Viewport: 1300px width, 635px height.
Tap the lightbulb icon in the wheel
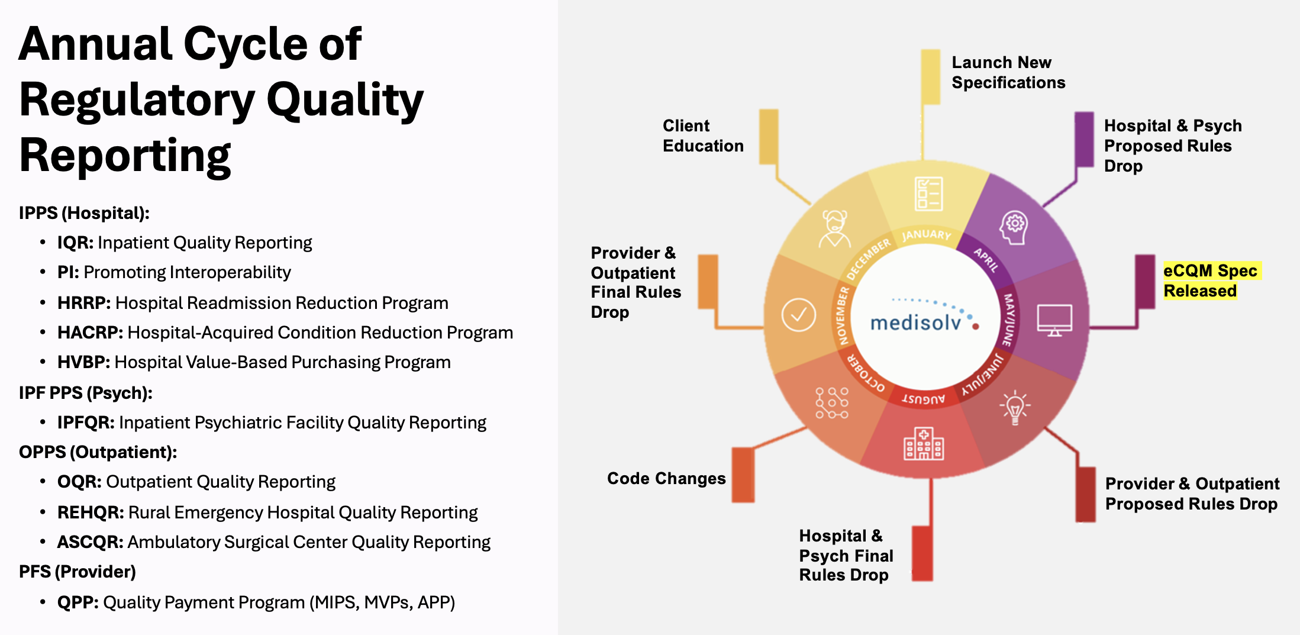tap(1015, 407)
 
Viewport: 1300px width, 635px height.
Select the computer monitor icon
tap(1054, 320)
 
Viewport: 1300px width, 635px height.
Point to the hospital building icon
tap(923, 444)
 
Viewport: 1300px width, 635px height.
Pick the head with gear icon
tap(1014, 227)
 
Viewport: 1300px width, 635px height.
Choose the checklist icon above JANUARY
tap(928, 194)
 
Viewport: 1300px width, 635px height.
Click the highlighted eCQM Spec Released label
tap(1210, 281)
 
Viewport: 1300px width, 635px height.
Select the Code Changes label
tap(666, 478)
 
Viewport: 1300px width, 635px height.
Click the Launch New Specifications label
tap(1008, 72)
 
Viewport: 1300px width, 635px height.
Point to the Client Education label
tap(702, 136)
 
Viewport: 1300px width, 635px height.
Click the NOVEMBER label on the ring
tap(842, 315)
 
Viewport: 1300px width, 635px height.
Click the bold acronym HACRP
tap(89, 333)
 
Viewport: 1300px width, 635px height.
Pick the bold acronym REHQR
tap(90, 512)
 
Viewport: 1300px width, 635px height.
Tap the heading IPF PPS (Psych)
tap(86, 393)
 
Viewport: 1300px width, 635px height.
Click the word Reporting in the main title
tap(125, 156)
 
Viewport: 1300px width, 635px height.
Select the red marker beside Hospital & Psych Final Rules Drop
tap(922, 553)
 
